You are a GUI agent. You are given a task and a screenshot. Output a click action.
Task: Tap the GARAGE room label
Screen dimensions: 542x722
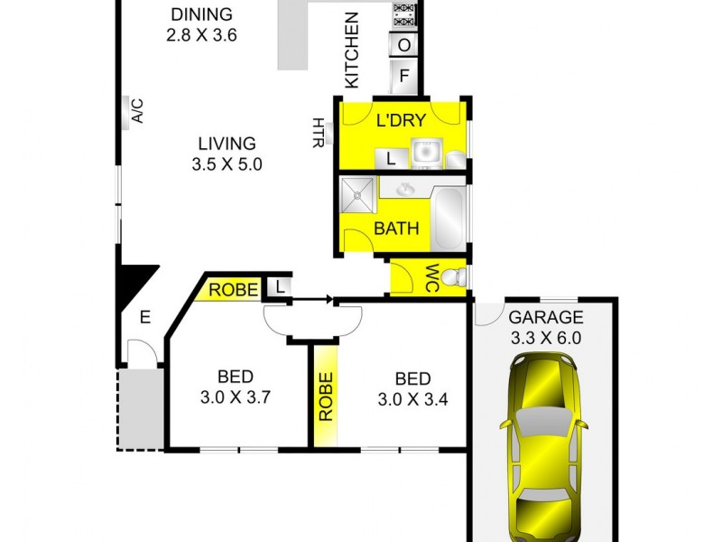coord(546,317)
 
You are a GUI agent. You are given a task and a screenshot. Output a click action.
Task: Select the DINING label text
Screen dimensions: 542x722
coord(201,14)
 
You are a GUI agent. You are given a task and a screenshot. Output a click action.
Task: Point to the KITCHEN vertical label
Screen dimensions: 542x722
coord(351,50)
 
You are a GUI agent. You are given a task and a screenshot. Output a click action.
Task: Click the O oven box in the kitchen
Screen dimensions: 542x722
coord(404,44)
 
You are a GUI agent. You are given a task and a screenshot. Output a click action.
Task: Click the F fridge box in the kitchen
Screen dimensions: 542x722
coord(404,77)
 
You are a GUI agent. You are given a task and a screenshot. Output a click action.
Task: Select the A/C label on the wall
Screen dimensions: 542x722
coord(137,111)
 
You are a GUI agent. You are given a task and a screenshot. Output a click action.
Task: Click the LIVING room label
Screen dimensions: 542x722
coord(227,143)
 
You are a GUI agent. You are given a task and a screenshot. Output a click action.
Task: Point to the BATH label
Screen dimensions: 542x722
coord(396,229)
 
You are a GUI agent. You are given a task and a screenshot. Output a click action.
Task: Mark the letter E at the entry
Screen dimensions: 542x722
coord(144,317)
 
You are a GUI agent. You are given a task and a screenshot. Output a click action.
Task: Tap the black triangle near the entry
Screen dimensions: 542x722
coord(134,282)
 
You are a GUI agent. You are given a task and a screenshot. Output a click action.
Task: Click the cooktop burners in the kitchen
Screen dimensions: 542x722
coord(404,14)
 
